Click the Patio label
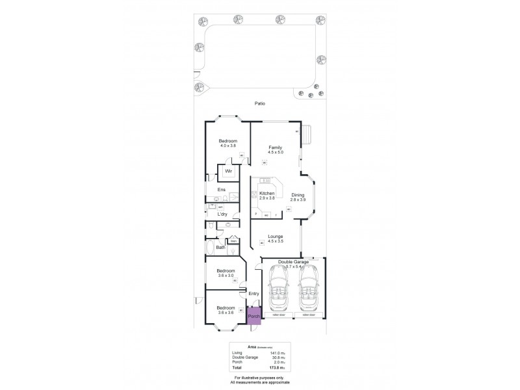pyautogui.click(x=260, y=103)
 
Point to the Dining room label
pyautogui.click(x=297, y=198)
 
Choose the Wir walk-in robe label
pyautogui.click(x=229, y=172)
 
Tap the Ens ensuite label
pyautogui.click(x=221, y=190)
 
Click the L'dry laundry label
pyautogui.click(x=223, y=214)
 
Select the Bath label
pyautogui.click(x=220, y=247)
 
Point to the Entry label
pyautogui.click(x=253, y=294)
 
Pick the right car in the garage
pyautogui.click(x=308, y=292)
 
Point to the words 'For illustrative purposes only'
pyautogui.click(x=260, y=377)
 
